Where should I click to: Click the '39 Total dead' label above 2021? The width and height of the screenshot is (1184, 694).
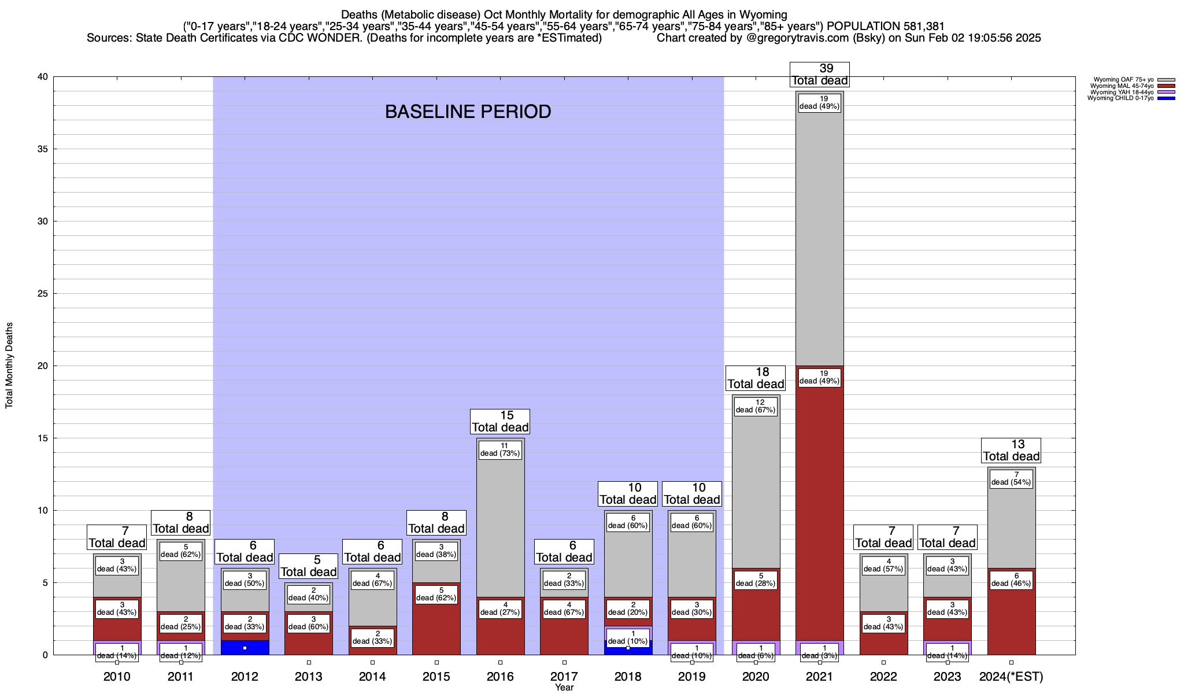[x=819, y=75]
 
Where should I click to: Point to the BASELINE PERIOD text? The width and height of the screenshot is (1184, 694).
[x=468, y=112]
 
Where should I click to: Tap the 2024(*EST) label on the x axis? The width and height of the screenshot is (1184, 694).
[x=1011, y=677]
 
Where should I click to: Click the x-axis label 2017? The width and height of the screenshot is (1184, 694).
[x=564, y=677]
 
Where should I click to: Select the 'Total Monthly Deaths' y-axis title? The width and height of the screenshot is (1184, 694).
[x=9, y=366]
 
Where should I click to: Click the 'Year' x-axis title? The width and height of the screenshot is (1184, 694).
[x=564, y=688]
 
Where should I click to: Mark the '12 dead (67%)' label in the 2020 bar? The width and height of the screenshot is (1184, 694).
[x=756, y=406]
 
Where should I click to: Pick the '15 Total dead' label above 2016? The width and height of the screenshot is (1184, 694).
[x=500, y=422]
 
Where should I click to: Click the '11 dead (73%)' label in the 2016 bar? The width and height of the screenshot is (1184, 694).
[x=500, y=449]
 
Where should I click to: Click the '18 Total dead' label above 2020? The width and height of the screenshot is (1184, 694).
[x=756, y=378]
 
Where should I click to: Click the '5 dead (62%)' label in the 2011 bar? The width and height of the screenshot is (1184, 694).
[x=180, y=551]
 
